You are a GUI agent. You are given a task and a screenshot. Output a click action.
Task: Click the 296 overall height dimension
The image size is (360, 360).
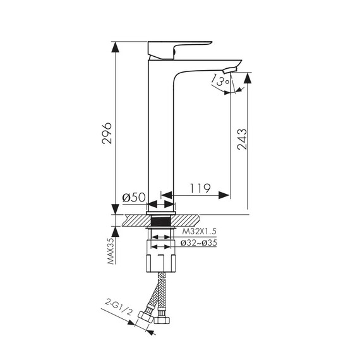point(107,133)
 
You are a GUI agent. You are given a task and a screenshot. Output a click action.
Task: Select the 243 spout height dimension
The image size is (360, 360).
point(243,140)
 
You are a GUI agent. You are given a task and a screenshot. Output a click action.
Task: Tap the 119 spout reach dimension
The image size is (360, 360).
point(200,188)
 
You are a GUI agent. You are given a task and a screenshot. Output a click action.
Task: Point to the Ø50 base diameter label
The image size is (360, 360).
point(134,197)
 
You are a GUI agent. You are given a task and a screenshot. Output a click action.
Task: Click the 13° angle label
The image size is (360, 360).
point(220,80)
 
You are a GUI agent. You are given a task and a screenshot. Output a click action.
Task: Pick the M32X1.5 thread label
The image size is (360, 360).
point(200,231)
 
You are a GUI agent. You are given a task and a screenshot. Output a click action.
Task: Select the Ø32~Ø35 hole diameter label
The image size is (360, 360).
point(198,243)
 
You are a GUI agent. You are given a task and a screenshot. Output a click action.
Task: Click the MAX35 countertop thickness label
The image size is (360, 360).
point(111,251)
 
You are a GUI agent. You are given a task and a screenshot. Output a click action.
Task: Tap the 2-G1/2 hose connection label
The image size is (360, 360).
point(119,307)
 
